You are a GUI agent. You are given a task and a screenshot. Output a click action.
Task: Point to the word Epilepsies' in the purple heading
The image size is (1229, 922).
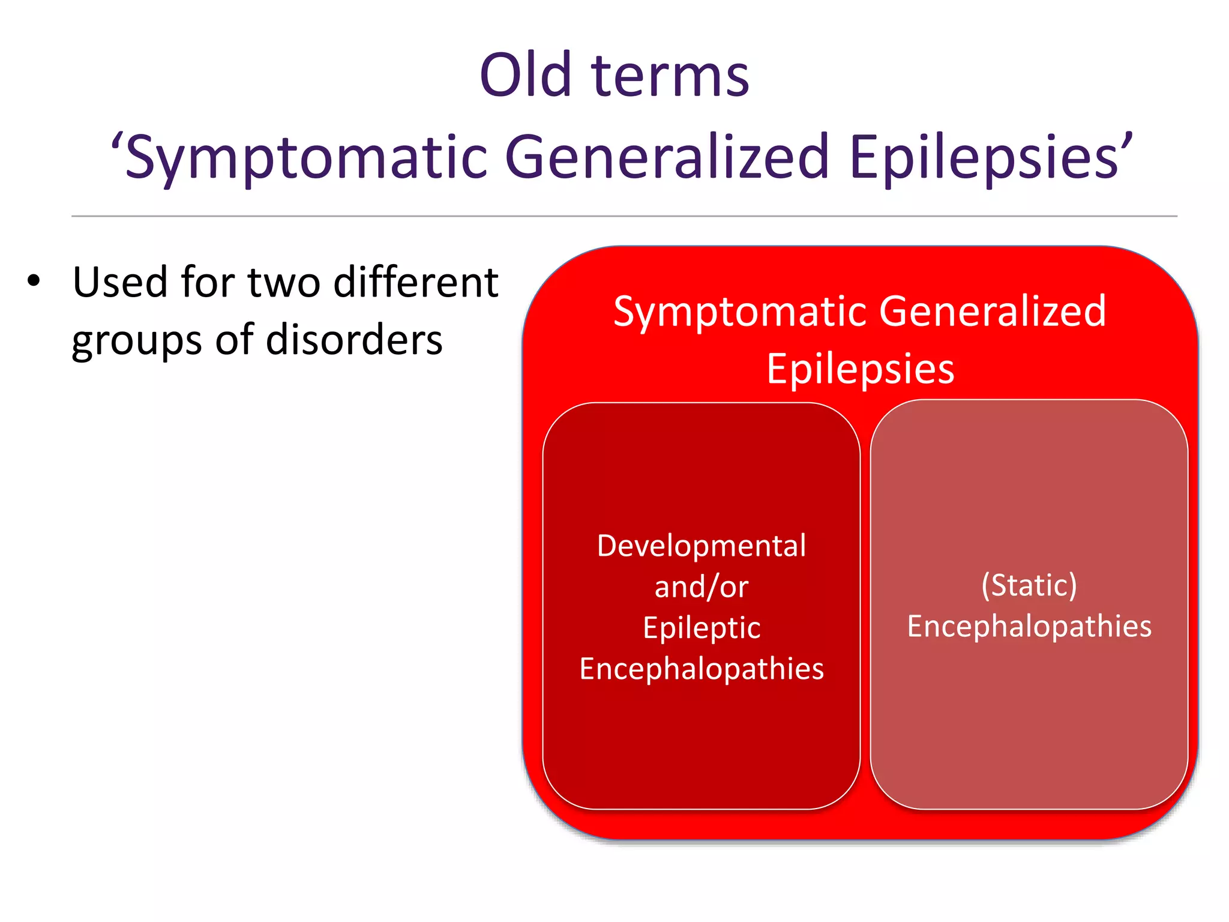pos(990,157)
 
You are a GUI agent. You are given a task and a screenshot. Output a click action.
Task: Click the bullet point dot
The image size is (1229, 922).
pos(34,281)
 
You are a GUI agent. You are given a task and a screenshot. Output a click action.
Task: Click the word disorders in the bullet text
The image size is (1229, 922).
pos(354,340)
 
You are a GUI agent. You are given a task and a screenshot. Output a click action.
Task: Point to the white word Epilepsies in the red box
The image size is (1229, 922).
pos(860,369)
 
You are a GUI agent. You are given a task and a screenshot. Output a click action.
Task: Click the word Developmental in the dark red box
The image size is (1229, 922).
pos(701,546)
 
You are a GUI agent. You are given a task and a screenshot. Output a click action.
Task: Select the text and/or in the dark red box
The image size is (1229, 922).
pos(701,587)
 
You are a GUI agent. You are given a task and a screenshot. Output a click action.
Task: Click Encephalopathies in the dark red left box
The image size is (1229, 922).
pos(701,669)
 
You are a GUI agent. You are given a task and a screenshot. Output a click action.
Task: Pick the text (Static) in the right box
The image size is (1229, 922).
pos(1029,585)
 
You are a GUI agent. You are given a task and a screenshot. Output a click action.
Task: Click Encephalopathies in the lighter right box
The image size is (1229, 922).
pos(1029,626)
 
